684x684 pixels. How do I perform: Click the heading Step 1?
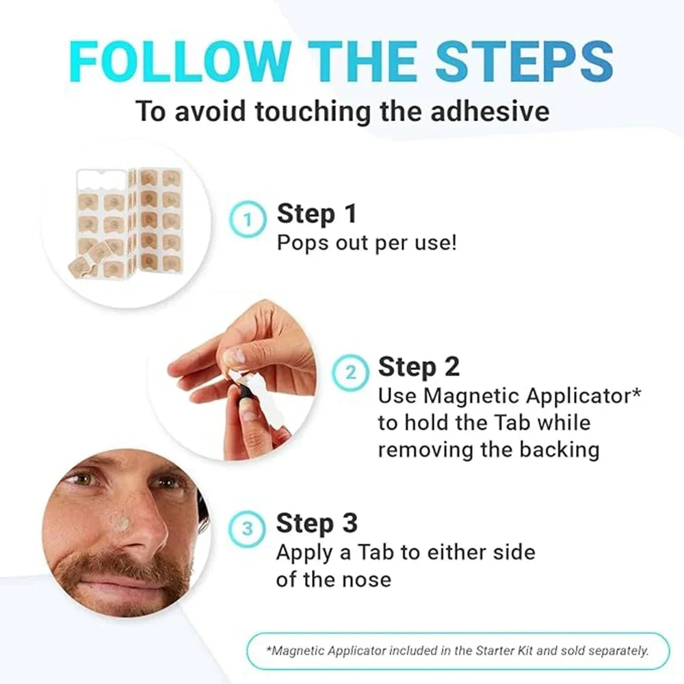[x=317, y=214]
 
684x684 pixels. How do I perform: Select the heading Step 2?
[x=419, y=367]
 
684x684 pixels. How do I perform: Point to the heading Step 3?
[x=317, y=523]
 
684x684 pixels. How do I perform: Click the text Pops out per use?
[x=366, y=243]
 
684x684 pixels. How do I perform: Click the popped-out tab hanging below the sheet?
[x=86, y=269]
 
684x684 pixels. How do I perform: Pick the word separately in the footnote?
[x=618, y=650]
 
